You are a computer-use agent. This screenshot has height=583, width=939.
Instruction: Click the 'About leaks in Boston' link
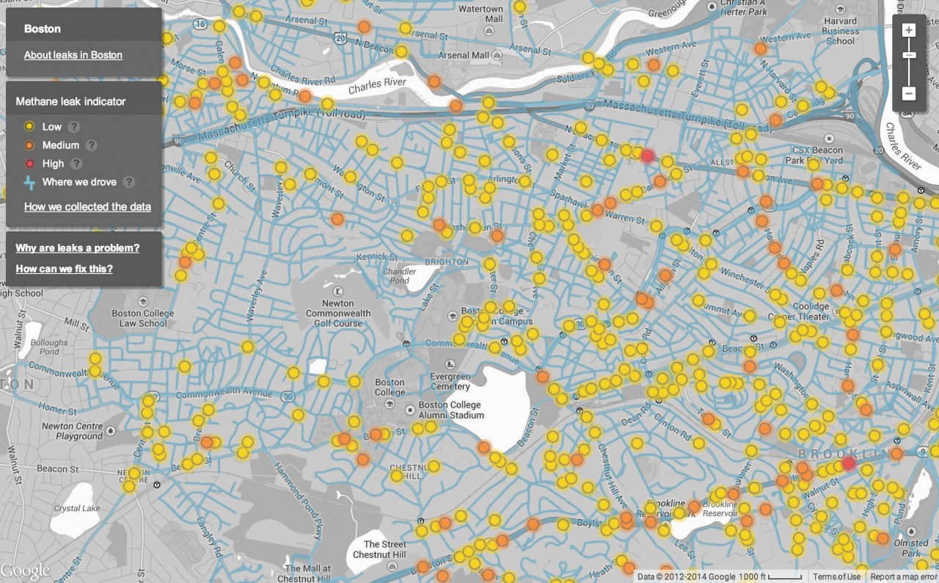(x=73, y=55)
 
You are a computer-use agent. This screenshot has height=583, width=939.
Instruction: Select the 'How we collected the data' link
(x=87, y=207)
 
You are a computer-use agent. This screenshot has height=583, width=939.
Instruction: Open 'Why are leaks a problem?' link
(x=77, y=248)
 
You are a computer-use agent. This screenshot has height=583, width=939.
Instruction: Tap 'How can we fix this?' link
(x=64, y=269)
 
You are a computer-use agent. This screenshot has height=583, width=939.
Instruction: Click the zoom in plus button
(x=909, y=31)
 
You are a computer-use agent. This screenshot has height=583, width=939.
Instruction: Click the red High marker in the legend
(x=29, y=164)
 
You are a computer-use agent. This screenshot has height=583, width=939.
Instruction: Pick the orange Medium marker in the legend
(x=29, y=145)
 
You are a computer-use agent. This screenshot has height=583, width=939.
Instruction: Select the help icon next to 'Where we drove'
(x=129, y=182)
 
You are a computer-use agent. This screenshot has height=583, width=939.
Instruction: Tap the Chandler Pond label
(x=399, y=276)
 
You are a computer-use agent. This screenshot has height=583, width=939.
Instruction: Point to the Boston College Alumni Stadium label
(x=450, y=410)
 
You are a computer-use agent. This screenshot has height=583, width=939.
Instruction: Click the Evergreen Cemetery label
(x=450, y=382)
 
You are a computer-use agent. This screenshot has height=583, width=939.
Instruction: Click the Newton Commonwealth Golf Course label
(x=334, y=314)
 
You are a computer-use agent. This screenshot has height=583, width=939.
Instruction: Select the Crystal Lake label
(x=76, y=508)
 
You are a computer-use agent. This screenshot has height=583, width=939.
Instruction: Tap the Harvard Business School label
(x=840, y=32)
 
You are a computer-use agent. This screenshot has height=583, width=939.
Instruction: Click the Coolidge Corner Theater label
(x=800, y=312)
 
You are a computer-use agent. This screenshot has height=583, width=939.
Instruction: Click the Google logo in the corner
(x=25, y=571)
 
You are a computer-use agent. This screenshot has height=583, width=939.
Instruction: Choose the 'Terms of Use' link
(x=836, y=577)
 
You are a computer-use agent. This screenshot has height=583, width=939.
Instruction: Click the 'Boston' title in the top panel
(x=42, y=29)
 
